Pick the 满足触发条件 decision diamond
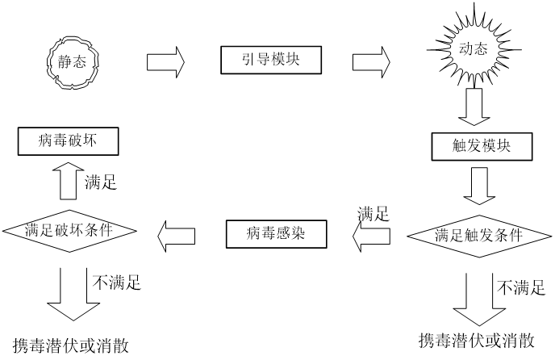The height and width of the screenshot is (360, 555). (x=478, y=236)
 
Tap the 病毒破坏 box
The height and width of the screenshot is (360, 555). (x=68, y=144)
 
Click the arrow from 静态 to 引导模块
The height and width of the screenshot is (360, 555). (x=166, y=61)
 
